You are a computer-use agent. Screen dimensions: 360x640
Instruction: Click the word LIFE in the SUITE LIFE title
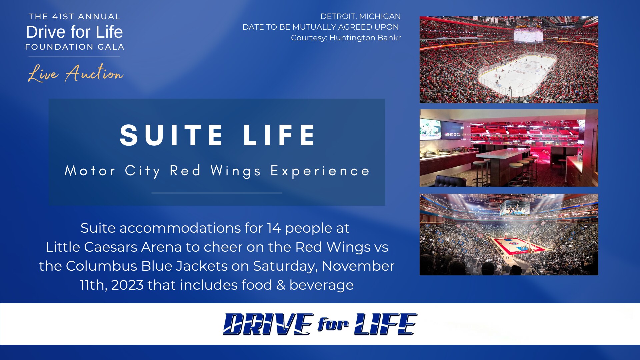[279, 135]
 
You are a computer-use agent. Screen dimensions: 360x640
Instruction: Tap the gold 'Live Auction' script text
[76, 73]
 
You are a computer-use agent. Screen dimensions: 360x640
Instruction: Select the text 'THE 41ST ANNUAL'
[74, 17]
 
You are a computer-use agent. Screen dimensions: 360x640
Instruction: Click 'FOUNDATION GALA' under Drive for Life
[75, 47]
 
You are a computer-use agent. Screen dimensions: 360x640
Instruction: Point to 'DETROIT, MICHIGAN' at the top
[360, 16]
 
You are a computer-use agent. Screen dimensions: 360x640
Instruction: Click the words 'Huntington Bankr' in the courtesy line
[365, 38]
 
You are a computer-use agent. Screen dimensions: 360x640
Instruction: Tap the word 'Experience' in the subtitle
[320, 171]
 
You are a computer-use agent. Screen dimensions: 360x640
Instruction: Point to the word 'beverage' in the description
[321, 285]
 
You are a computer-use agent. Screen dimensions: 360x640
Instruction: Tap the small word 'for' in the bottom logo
[333, 324]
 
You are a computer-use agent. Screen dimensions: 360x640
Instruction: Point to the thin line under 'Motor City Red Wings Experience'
[217, 193]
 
